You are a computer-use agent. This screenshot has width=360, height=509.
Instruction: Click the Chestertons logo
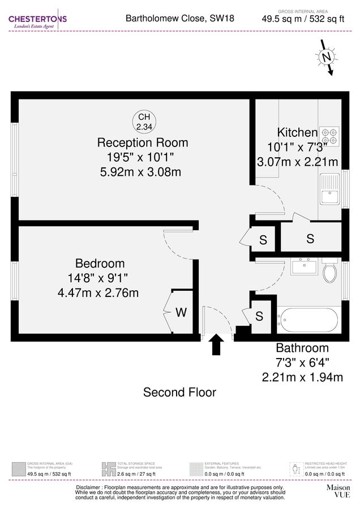(x=37, y=21)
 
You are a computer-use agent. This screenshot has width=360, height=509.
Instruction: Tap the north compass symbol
(x=326, y=57)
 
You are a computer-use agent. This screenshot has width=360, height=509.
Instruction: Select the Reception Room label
(x=143, y=142)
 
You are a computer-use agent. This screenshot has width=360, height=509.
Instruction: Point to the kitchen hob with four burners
(x=329, y=135)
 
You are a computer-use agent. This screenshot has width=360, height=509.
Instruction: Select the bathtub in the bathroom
(x=308, y=320)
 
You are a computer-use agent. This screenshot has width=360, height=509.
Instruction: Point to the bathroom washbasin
(x=304, y=266)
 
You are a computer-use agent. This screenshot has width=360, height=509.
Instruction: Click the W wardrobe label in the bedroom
(x=181, y=312)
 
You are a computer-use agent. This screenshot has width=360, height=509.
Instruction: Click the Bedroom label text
(x=100, y=264)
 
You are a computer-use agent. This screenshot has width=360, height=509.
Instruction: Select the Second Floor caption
(x=179, y=392)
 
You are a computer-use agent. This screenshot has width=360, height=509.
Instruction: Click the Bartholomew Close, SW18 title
(x=179, y=19)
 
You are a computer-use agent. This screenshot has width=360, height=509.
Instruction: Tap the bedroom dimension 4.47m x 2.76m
(x=98, y=293)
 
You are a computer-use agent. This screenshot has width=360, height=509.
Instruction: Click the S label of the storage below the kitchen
(x=310, y=239)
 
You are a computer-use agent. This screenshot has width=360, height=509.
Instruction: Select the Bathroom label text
(x=302, y=348)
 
